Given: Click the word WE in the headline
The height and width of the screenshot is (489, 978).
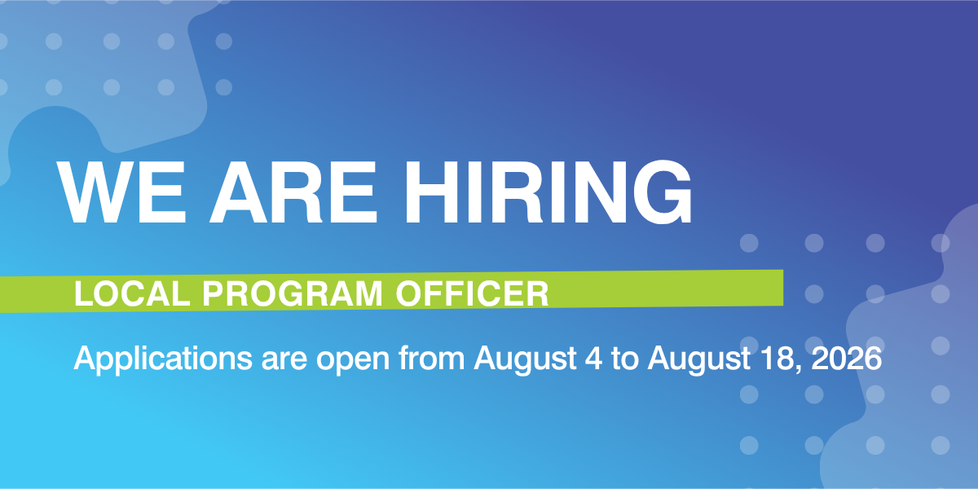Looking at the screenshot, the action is click(121, 192).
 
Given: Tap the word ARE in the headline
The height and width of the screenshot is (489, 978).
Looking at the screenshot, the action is click(293, 192).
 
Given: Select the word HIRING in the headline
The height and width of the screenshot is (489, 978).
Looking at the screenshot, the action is click(548, 192).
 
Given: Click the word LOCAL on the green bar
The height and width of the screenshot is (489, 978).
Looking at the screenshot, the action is click(132, 294).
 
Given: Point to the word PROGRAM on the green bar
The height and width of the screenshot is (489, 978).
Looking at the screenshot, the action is click(293, 294).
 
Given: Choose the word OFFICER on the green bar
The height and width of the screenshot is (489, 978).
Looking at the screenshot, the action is click(472, 294).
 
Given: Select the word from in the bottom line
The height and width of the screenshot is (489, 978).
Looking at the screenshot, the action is click(431, 358).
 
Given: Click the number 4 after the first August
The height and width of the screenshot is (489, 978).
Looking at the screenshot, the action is click(594, 359).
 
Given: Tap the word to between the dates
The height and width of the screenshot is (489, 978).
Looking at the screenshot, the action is click(625, 359).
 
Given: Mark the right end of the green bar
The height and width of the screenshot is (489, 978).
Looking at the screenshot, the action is click(783, 288).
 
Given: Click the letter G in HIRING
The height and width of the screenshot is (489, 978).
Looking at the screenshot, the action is click(663, 192).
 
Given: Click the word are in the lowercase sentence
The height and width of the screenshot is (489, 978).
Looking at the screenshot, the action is click(284, 361).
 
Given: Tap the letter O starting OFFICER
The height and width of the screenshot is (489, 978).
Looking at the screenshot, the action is click(408, 294).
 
